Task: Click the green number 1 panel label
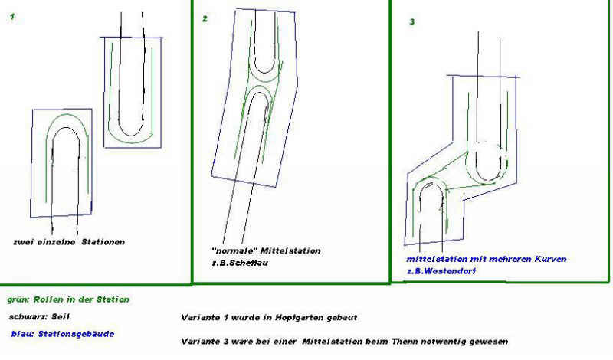coord(12,16)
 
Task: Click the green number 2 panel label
coord(205,18)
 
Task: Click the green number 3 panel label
coord(411,22)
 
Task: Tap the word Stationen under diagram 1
coord(103,242)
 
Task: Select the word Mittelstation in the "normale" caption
coord(290,251)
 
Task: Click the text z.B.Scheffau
coord(240,263)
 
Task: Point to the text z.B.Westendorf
coord(441,271)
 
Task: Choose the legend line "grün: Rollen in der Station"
coord(68,299)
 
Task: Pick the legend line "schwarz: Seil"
coord(40,316)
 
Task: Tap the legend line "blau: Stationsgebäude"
coord(63,334)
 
